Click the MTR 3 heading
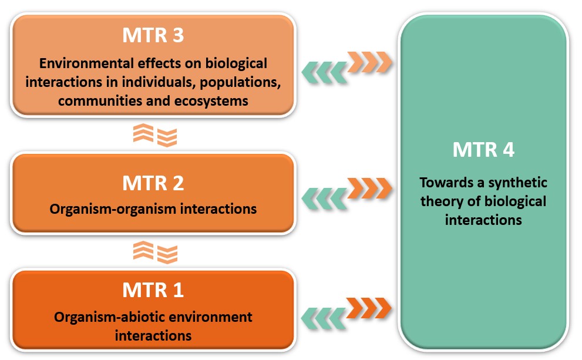pyautogui.click(x=153, y=35)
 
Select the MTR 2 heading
pyautogui.click(x=153, y=183)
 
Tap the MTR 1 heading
pyautogui.click(x=153, y=290)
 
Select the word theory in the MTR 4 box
pyautogui.click(x=455, y=201)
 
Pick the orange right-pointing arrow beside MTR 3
pyautogui.click(x=369, y=61)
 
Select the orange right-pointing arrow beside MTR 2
pyautogui.click(x=369, y=187)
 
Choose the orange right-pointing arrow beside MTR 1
pyautogui.click(x=369, y=306)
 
